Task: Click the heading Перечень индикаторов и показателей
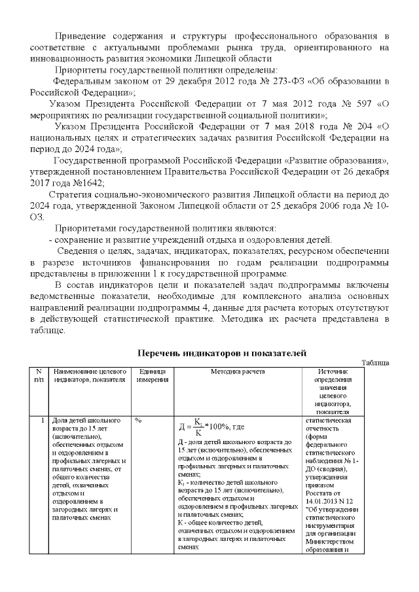221,353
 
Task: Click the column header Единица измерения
152,375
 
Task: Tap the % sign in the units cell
138,420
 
